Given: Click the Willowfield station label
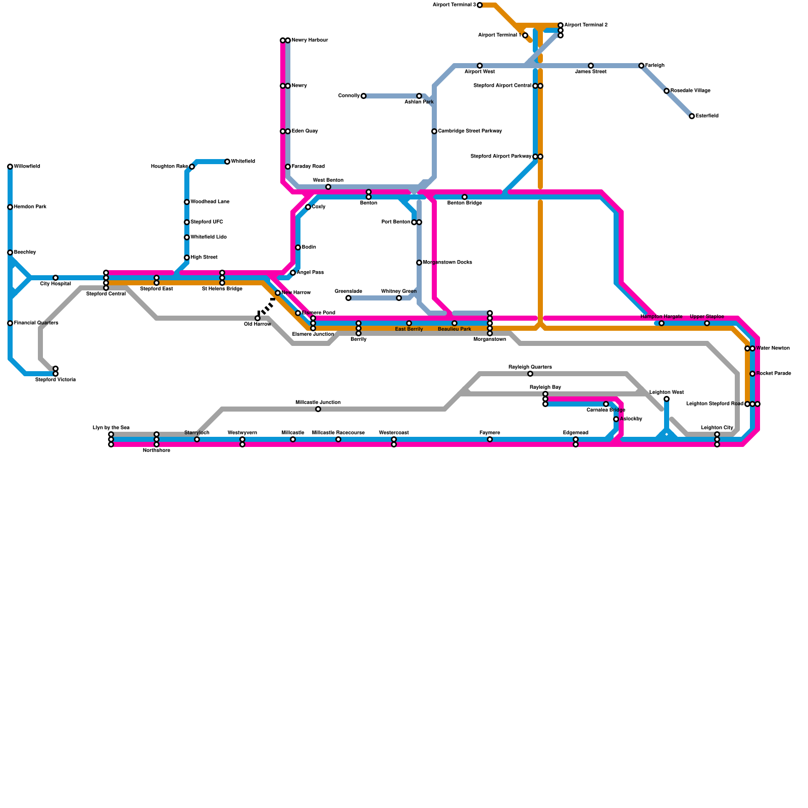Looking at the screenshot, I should [x=27, y=167].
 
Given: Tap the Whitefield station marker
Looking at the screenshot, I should [x=227, y=162].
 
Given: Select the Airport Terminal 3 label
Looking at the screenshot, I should [x=454, y=5].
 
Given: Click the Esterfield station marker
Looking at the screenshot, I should [x=692, y=116].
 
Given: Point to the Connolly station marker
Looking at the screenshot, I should [x=364, y=96].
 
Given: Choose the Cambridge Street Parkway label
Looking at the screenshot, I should [x=470, y=131].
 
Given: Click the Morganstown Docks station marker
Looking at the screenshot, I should [x=419, y=263].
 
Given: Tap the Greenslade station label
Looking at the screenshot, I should [x=348, y=291].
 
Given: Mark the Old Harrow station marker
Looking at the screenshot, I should [x=258, y=318].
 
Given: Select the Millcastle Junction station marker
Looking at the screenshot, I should [x=318, y=409].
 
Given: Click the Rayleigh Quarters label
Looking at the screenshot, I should [x=530, y=367].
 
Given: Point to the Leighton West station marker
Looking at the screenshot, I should [x=667, y=399].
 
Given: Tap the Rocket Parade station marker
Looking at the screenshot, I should [x=752, y=374].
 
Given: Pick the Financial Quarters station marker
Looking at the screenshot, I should [x=10, y=323].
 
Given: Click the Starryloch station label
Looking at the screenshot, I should [x=197, y=433].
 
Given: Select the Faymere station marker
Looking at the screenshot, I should [x=490, y=439].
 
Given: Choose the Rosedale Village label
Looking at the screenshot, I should [x=690, y=91].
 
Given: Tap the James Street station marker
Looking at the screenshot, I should [x=591, y=66].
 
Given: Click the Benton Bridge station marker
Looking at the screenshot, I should [x=465, y=197].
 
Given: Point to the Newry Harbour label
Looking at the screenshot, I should [x=310, y=40].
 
